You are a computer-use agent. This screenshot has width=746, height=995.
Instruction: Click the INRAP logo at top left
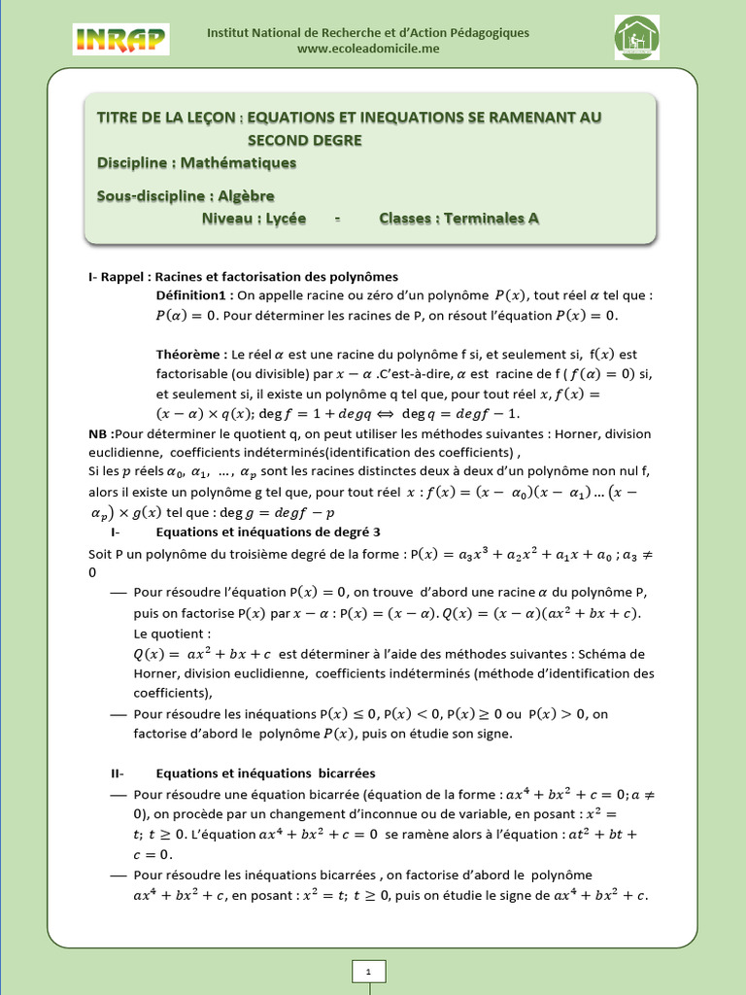[x=120, y=39]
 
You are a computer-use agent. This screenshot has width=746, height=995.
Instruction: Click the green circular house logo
[x=637, y=38]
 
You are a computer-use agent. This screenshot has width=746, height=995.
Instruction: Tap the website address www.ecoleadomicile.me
[x=368, y=49]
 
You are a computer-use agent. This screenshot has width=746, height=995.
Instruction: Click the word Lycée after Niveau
[x=281, y=219]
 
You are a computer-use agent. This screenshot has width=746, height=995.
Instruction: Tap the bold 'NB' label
[x=98, y=433]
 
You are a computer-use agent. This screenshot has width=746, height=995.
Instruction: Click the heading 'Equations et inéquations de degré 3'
[x=269, y=532]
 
